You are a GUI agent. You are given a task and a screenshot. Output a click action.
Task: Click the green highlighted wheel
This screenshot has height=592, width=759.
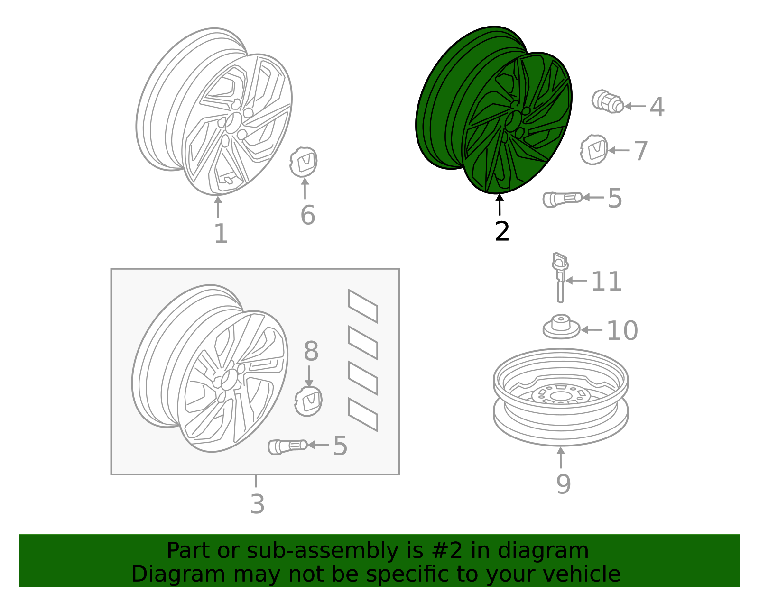(x=493, y=110)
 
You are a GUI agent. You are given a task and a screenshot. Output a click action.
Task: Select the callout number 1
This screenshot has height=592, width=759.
(x=221, y=233)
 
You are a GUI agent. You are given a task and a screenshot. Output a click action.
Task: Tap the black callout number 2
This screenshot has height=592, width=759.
(x=502, y=231)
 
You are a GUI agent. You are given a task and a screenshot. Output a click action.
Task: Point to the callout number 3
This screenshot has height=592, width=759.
(x=257, y=504)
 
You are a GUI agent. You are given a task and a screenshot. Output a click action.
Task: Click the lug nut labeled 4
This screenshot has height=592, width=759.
(x=607, y=101)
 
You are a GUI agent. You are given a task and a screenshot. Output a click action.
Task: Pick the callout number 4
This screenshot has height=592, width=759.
(x=657, y=107)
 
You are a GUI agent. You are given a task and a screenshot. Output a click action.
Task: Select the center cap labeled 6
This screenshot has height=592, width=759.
(x=304, y=162)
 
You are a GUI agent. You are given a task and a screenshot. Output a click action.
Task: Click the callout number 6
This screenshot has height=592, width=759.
(x=308, y=215)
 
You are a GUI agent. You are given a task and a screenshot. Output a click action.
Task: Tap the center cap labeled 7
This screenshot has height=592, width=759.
(x=594, y=150)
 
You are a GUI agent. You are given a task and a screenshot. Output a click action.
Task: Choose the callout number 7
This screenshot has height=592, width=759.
(x=640, y=151)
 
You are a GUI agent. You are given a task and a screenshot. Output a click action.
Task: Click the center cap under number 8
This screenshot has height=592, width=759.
(x=308, y=401)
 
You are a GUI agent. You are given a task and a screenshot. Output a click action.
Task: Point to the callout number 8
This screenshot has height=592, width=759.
(x=311, y=351)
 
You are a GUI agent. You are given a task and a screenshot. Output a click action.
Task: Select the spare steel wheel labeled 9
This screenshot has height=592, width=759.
(x=561, y=397)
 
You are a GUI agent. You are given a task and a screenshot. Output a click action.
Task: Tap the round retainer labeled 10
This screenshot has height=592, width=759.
(x=561, y=327)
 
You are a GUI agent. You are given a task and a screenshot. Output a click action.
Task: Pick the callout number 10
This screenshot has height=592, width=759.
(x=622, y=330)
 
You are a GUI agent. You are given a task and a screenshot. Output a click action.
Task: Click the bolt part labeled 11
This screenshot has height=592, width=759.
(x=560, y=277)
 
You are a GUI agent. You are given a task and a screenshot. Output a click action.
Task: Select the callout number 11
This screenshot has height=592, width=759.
(x=606, y=281)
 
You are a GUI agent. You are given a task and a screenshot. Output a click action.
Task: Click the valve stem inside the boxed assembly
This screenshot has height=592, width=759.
(x=287, y=447)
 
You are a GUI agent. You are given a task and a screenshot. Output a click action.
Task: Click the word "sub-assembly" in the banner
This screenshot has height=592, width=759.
(x=322, y=550)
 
